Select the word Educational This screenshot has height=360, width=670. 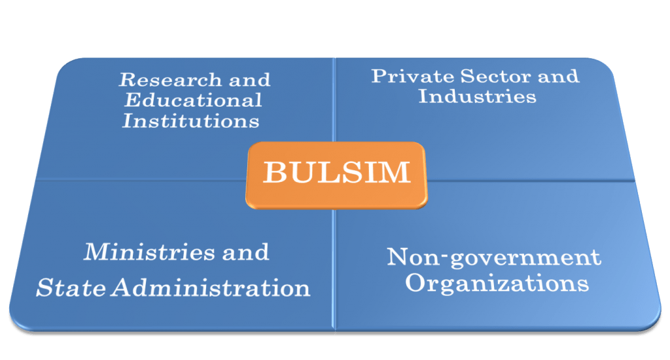coord(193,100)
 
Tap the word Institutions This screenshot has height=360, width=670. coord(190,121)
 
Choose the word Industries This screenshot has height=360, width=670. coord(477,96)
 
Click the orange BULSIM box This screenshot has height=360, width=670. coord(336,173)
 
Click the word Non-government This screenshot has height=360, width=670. coord(493,257)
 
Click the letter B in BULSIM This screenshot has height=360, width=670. coord(274,173)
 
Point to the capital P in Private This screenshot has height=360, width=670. coord(379,75)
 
